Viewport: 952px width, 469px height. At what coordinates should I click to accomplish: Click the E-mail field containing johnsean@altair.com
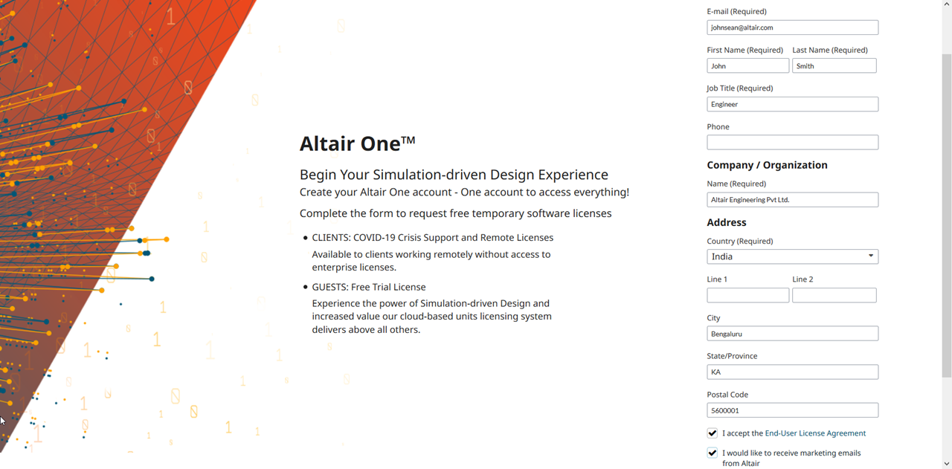coord(792,28)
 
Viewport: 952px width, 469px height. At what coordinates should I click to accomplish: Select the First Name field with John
coord(747,66)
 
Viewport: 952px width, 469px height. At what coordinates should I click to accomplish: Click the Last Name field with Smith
coord(834,66)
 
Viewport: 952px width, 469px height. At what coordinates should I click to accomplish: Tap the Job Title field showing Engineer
coord(792,104)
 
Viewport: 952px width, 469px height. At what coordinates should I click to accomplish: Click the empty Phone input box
coord(792,142)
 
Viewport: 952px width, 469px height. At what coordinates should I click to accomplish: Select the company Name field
coord(792,200)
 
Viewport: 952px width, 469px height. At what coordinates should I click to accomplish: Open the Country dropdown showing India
coord(792,256)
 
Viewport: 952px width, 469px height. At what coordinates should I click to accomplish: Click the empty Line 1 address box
coord(747,295)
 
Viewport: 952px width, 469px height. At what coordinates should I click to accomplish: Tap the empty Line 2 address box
coord(834,295)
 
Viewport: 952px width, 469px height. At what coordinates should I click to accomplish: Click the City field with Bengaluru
coord(792,334)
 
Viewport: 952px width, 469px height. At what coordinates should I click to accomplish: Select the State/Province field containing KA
coord(792,372)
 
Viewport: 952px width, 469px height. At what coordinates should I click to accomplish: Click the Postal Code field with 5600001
coord(792,410)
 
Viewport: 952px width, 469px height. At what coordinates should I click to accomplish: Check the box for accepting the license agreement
coord(713,433)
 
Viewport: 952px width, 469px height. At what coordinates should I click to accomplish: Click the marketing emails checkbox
coord(713,453)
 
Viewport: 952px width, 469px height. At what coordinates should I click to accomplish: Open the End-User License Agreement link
coord(815,433)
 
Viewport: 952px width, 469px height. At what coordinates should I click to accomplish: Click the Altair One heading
coord(357,143)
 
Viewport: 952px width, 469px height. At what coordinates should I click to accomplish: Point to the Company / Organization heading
coord(767,165)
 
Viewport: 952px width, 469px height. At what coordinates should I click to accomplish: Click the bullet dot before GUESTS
coord(305,287)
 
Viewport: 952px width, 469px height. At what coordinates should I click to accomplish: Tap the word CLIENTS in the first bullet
coord(330,238)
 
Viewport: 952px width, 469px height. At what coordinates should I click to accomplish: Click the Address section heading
coord(727,222)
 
